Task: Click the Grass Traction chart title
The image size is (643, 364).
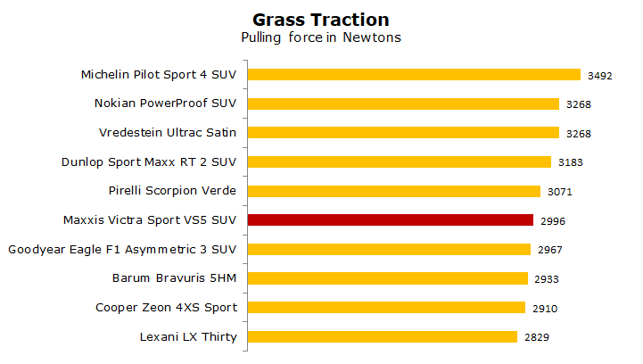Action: click(x=321, y=20)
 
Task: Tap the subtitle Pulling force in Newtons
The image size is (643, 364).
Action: click(x=321, y=37)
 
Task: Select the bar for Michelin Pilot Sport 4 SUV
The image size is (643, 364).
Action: click(x=414, y=74)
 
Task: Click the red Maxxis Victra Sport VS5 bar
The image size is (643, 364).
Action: click(x=391, y=220)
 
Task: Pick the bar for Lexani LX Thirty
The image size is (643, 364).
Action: click(x=383, y=336)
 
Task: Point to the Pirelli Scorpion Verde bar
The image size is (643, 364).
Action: click(x=394, y=191)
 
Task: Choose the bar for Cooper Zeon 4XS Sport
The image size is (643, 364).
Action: click(x=386, y=308)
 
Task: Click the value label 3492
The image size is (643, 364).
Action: click(x=600, y=76)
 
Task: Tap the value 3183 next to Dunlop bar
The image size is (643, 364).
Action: click(x=571, y=162)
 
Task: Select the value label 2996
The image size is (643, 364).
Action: click(x=553, y=221)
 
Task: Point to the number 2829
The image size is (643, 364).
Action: click(x=537, y=337)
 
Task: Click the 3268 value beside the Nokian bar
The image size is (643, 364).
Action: click(x=579, y=104)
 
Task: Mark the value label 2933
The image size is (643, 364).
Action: click(x=547, y=279)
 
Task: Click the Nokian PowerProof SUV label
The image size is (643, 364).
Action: click(x=165, y=103)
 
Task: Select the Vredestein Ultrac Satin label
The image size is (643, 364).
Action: click(x=168, y=133)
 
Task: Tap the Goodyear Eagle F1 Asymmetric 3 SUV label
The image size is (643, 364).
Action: click(x=122, y=250)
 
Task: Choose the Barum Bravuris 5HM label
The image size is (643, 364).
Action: click(x=174, y=278)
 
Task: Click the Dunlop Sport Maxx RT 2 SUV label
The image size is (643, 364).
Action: click(x=149, y=162)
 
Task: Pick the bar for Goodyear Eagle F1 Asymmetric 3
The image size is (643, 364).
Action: click(x=389, y=249)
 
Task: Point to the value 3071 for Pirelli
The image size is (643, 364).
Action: click(x=560, y=192)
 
